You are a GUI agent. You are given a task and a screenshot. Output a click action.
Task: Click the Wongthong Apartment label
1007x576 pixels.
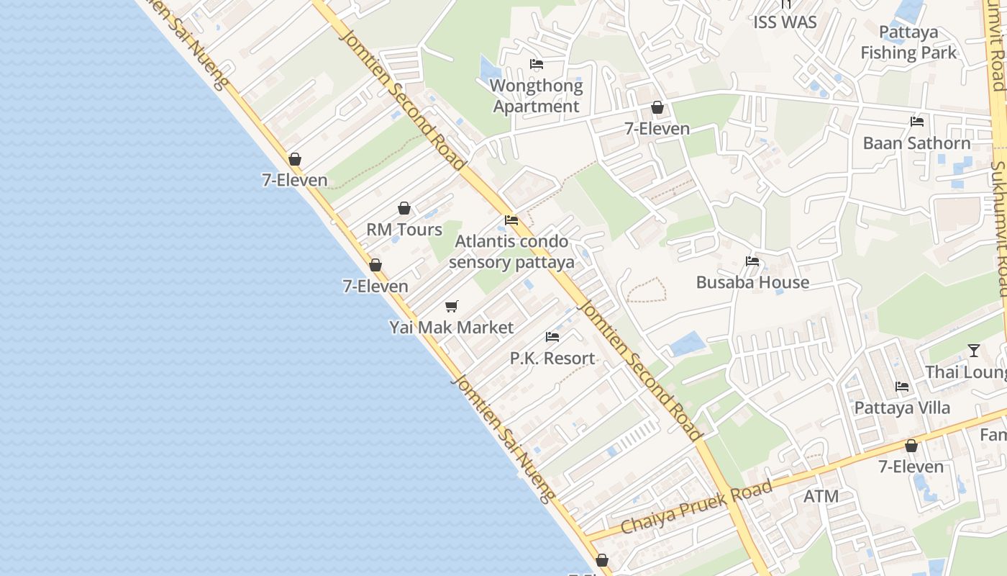pos(536,96)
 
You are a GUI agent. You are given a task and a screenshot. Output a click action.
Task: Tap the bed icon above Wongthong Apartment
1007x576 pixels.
pos(537,64)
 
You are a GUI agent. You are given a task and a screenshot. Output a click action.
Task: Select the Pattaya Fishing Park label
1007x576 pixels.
pos(909,42)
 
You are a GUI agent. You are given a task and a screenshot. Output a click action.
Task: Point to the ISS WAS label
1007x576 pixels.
pos(785,22)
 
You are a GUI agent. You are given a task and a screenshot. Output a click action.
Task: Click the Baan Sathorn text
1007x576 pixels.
pos(916,143)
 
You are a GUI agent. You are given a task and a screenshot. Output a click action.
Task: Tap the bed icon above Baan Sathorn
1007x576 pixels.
pos(917,122)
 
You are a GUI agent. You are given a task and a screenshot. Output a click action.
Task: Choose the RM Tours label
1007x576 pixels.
pos(404,230)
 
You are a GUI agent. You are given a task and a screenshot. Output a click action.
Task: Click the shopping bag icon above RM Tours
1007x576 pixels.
pos(404,208)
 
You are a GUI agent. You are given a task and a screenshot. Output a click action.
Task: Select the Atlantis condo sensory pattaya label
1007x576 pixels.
pos(511,251)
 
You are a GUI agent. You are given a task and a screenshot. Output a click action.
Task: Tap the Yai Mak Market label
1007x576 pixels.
pos(452,328)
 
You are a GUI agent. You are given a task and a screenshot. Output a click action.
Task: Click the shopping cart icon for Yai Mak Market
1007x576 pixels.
pos(452,307)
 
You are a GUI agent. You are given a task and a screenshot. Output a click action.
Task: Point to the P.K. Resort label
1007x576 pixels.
pos(552,358)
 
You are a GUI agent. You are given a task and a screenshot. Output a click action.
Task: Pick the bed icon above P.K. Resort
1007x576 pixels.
pos(552,337)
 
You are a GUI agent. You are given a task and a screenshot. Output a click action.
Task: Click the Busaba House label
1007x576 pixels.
pos(752,282)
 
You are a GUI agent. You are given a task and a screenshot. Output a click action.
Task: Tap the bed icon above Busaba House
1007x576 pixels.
pos(752,261)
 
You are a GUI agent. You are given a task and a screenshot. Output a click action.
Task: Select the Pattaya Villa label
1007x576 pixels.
pos(902,408)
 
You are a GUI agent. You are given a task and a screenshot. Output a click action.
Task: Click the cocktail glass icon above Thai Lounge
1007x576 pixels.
pos(974,351)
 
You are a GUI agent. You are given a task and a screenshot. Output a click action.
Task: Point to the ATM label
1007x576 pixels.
pos(821,496)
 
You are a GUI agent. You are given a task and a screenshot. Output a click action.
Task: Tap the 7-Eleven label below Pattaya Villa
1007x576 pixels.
pos(911,467)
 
